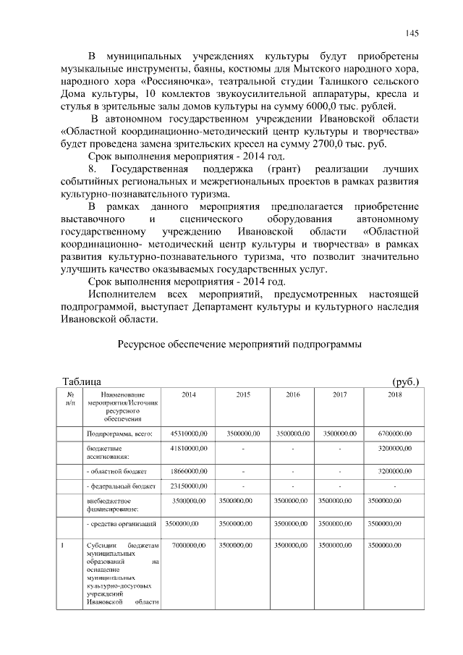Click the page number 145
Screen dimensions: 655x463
click(x=412, y=33)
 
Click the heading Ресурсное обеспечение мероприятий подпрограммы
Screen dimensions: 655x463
click(x=239, y=345)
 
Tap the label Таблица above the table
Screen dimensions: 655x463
click(x=81, y=381)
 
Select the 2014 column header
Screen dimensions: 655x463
click(x=188, y=394)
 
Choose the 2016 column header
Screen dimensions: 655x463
click(x=293, y=394)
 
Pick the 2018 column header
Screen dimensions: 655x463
click(x=394, y=394)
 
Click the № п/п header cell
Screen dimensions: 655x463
click(x=70, y=399)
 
